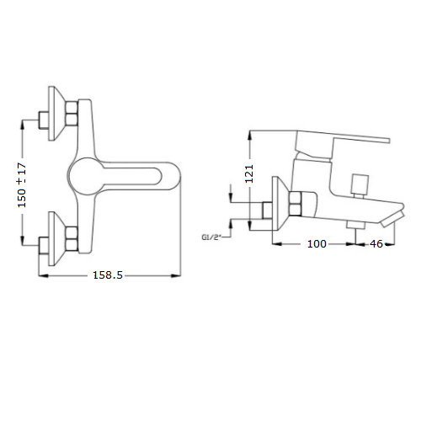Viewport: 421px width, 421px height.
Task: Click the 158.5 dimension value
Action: (x=108, y=275)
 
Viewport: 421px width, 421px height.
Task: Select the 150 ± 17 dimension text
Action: (x=22, y=185)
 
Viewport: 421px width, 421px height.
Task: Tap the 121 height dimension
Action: (x=249, y=173)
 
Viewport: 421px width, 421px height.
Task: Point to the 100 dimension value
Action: (x=317, y=244)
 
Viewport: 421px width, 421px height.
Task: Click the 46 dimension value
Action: (x=376, y=244)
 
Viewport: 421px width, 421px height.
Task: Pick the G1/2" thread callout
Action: (x=210, y=237)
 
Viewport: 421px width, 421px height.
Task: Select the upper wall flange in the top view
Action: (x=57, y=113)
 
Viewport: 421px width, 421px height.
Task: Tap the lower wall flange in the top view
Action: (x=57, y=238)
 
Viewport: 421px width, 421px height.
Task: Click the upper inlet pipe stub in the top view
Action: (x=44, y=120)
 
